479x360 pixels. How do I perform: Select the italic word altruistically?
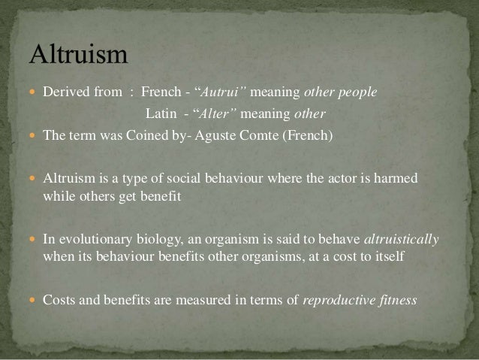tap(401, 241)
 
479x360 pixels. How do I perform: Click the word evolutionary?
tap(92, 241)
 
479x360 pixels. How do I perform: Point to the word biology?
tap(152, 241)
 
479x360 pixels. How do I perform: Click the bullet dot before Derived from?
tap(35, 93)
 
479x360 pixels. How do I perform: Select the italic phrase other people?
tap(342, 92)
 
